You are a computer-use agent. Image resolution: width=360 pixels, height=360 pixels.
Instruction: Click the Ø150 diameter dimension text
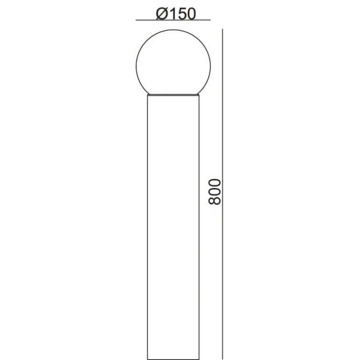pos(176,14)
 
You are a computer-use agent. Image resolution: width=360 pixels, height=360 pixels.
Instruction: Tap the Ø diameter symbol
pos(161,14)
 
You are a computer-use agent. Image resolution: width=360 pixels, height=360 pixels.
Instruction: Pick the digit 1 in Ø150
pos(172,14)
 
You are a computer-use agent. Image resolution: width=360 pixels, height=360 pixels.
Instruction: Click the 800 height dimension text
pos(215,192)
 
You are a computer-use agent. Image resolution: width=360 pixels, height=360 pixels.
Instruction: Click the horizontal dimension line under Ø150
pos(173,20)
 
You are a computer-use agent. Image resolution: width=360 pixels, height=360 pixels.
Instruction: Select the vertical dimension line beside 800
pos(223,194)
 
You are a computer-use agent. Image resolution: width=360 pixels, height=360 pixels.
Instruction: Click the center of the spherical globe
pos(173,66)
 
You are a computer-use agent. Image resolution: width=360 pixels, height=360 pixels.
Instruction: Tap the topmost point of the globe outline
pos(173,29)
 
